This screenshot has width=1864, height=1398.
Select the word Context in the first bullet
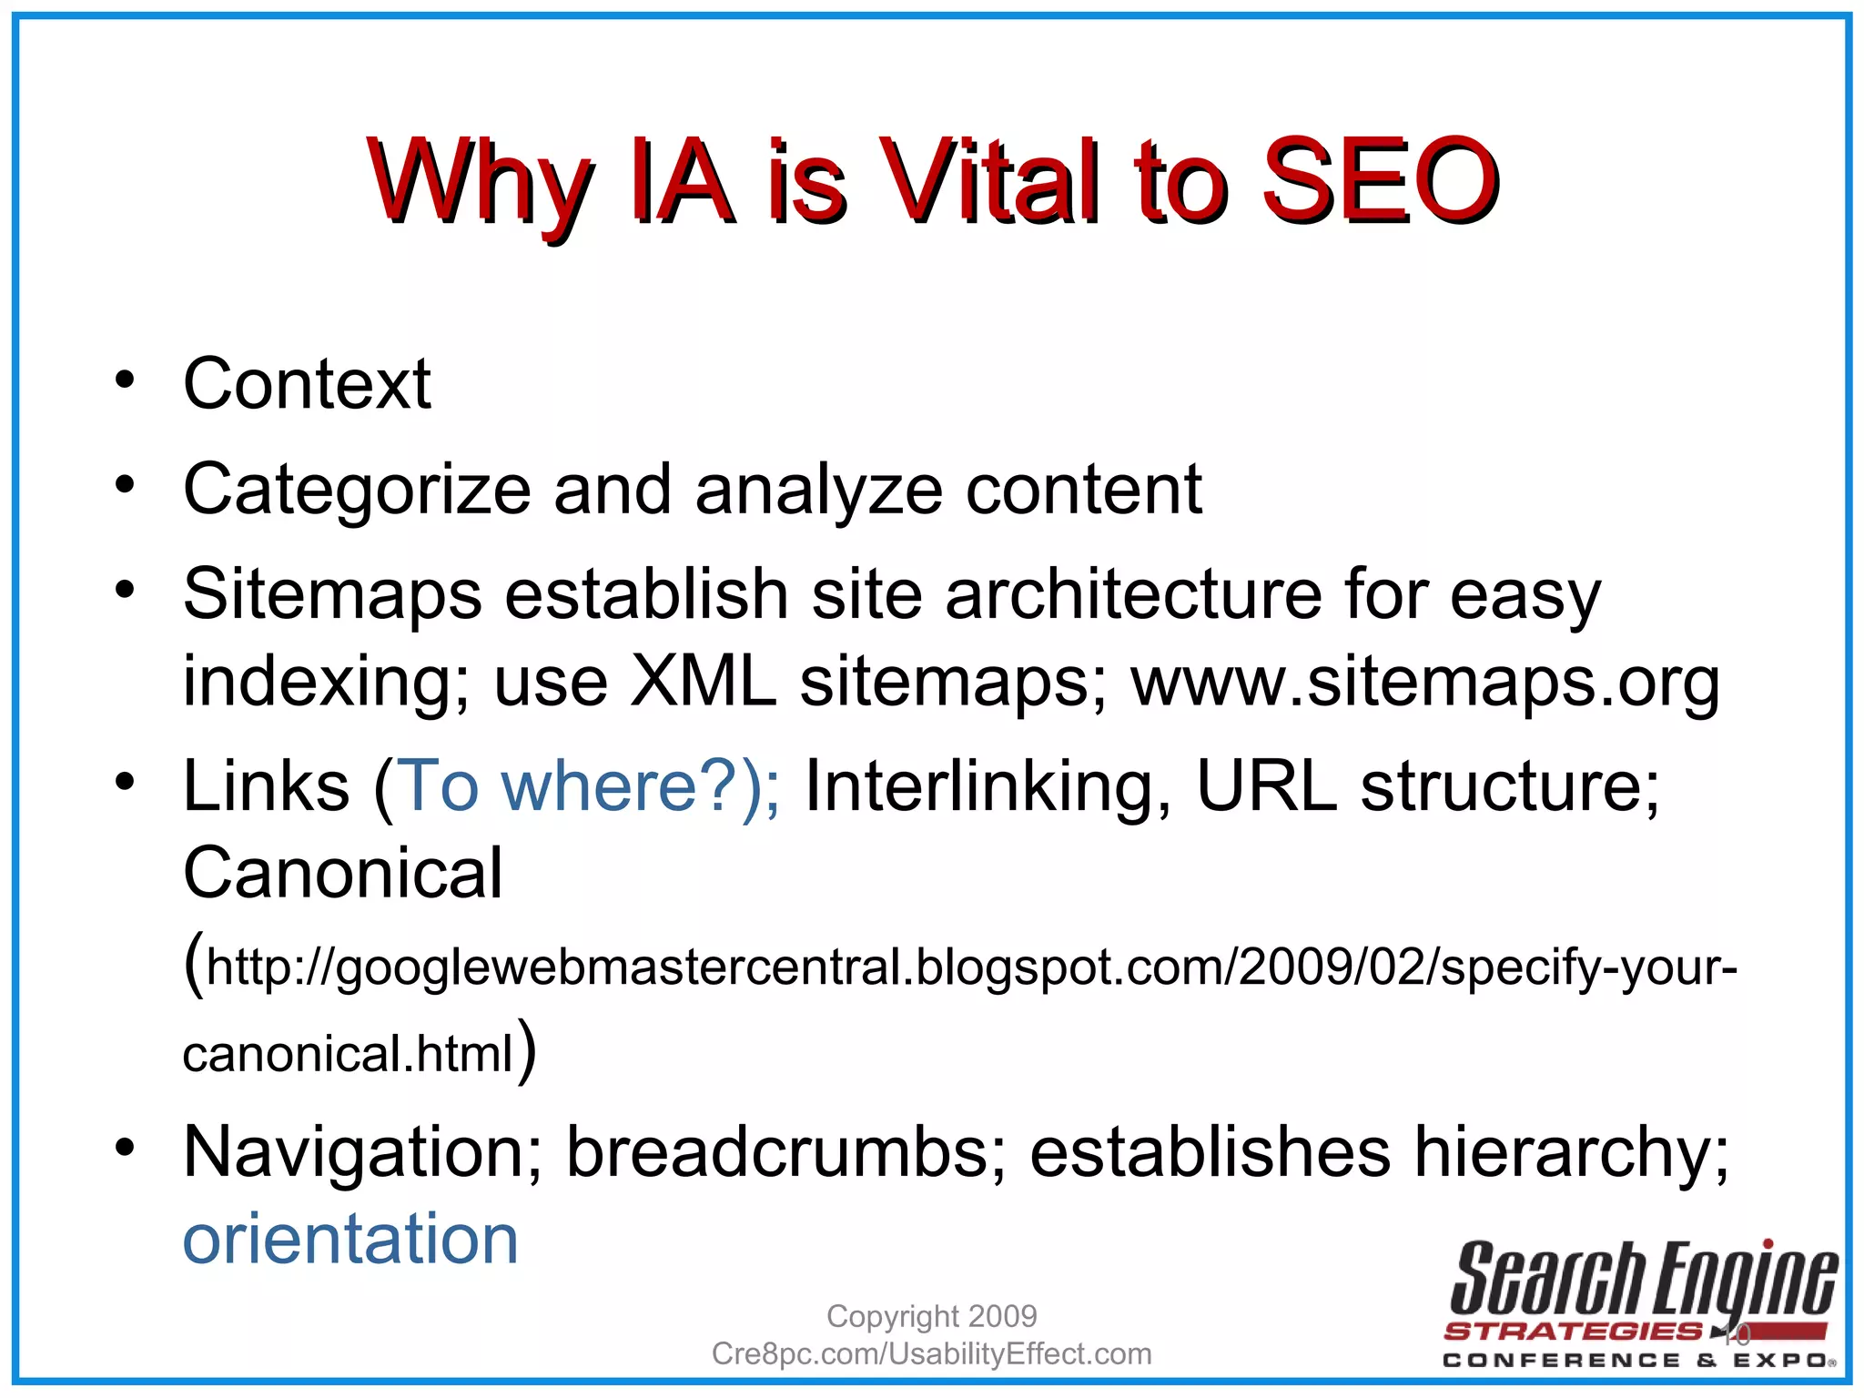pyautogui.click(x=307, y=384)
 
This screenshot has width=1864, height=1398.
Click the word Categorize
pyautogui.click(x=357, y=491)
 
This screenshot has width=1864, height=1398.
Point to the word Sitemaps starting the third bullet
pyautogui.click(x=332, y=594)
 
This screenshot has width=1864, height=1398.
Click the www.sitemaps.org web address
pyautogui.click(x=1425, y=682)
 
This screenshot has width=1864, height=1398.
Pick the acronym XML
pyautogui.click(x=704, y=682)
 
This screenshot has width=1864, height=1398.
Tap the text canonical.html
pyautogui.click(x=349, y=1055)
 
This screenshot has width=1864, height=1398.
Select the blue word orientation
pyautogui.click(x=350, y=1239)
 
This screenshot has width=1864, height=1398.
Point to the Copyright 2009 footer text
pyautogui.click(x=931, y=1316)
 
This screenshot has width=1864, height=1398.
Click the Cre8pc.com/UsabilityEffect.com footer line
pyautogui.click(x=931, y=1354)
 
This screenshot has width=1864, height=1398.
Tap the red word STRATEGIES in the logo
pyautogui.click(x=1573, y=1332)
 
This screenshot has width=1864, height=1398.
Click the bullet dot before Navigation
pyautogui.click(x=125, y=1148)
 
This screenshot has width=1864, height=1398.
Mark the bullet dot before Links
pyautogui.click(x=125, y=781)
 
